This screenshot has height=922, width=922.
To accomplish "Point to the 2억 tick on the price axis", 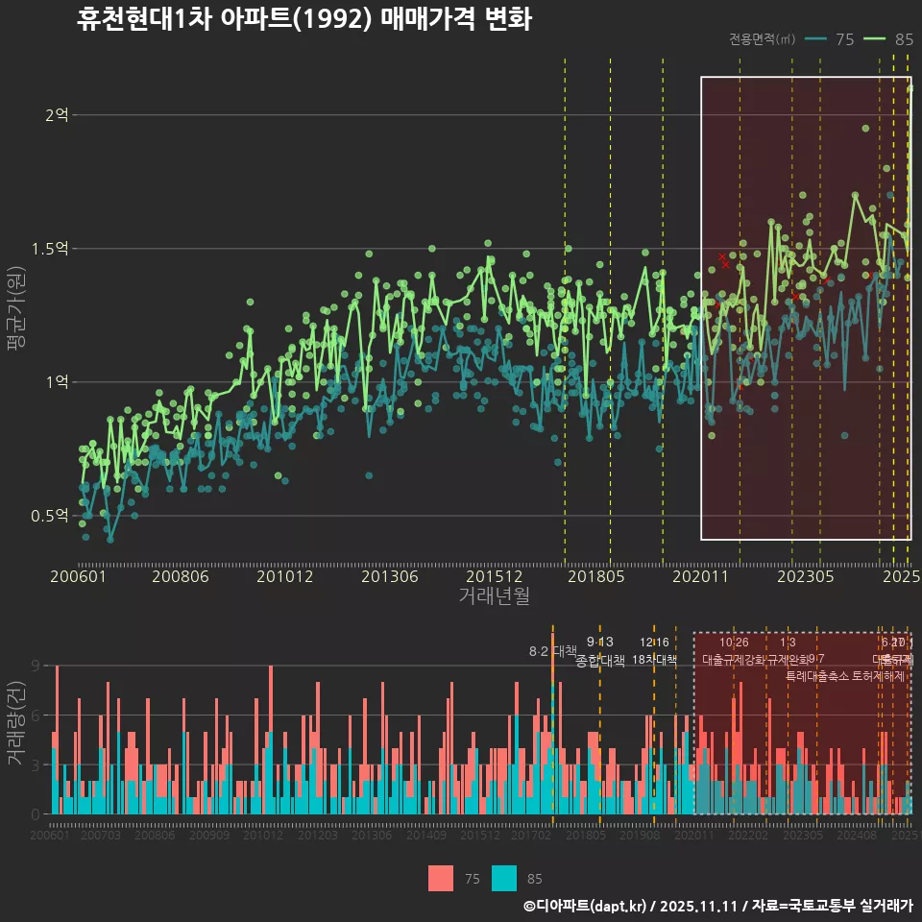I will click(57, 115).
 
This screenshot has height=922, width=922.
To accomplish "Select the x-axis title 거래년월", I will click(494, 595).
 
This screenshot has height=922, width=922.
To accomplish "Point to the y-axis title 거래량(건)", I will click(16, 723).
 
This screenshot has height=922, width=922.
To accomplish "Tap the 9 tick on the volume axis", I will click(35, 666).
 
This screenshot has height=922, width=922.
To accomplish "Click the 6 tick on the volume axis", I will click(35, 716).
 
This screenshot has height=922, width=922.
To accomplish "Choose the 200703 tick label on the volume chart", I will click(101, 837).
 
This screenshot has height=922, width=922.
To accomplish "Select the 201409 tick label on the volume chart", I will click(425, 837).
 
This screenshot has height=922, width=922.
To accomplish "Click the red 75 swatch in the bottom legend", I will click(441, 878).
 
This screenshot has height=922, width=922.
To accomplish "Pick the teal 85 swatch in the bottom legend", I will click(504, 878).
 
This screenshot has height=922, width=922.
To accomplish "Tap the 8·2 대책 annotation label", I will click(552, 651).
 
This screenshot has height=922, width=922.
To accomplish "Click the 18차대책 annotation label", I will click(655, 660).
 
